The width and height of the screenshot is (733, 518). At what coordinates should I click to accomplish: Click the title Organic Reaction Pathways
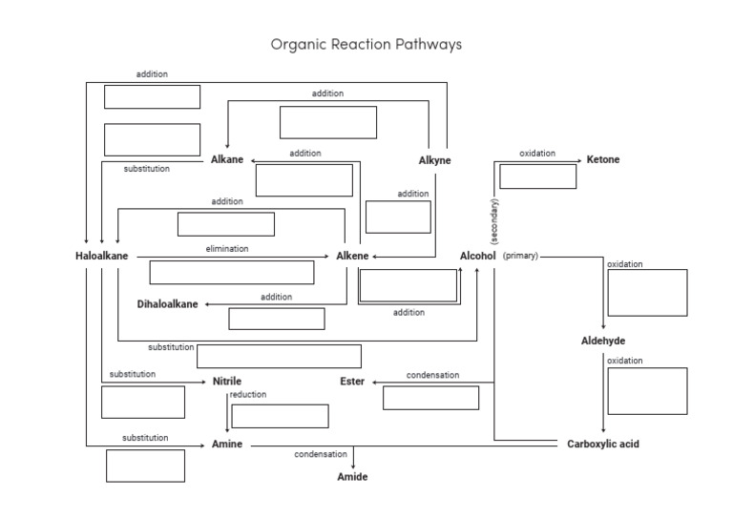point(366,44)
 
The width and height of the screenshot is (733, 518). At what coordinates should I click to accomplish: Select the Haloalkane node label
point(102,256)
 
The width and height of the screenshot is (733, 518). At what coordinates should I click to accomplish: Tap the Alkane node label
point(227,159)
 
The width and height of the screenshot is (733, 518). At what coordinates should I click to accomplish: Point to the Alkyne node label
point(434,160)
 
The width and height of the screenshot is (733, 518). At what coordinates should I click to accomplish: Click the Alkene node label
point(352,256)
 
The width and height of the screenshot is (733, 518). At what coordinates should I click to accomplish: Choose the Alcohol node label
point(477,256)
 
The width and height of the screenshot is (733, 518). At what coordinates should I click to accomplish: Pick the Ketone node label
point(602,159)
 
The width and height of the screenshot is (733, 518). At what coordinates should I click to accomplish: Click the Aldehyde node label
point(603,341)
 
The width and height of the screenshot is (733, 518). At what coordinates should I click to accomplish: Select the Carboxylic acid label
point(602,444)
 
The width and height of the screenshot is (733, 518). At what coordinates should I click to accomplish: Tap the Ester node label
point(352,382)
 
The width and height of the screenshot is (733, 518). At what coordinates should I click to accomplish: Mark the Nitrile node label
point(227,382)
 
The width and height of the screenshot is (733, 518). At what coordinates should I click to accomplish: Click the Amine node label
point(227,445)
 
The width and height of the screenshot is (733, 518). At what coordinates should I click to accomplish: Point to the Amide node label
point(352,476)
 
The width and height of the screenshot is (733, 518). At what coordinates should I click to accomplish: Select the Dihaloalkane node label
point(168,303)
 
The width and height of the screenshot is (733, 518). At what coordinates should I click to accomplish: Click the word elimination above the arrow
point(227,248)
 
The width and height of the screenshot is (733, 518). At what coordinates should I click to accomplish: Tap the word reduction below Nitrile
point(248,394)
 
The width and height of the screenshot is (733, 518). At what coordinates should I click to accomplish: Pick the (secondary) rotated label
point(494,221)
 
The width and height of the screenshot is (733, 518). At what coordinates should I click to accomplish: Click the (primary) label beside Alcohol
point(520,256)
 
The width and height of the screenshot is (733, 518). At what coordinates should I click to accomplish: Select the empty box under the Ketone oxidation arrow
point(537,176)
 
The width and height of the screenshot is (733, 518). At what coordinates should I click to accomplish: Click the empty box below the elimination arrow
point(232,272)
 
